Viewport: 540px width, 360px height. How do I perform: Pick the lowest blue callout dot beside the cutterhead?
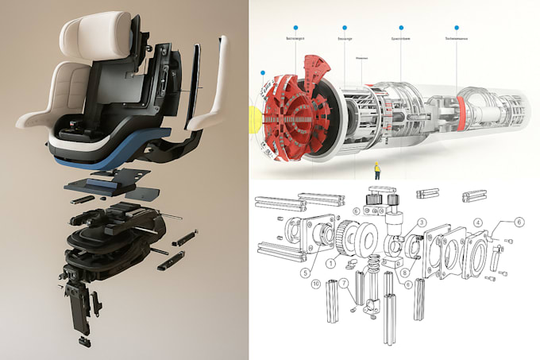pos(262,72)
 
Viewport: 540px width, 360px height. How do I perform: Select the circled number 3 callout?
pos(422,222)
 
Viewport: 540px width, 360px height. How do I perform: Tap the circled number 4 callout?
pos(477,222)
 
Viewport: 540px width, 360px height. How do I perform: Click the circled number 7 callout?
pos(343,283)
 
